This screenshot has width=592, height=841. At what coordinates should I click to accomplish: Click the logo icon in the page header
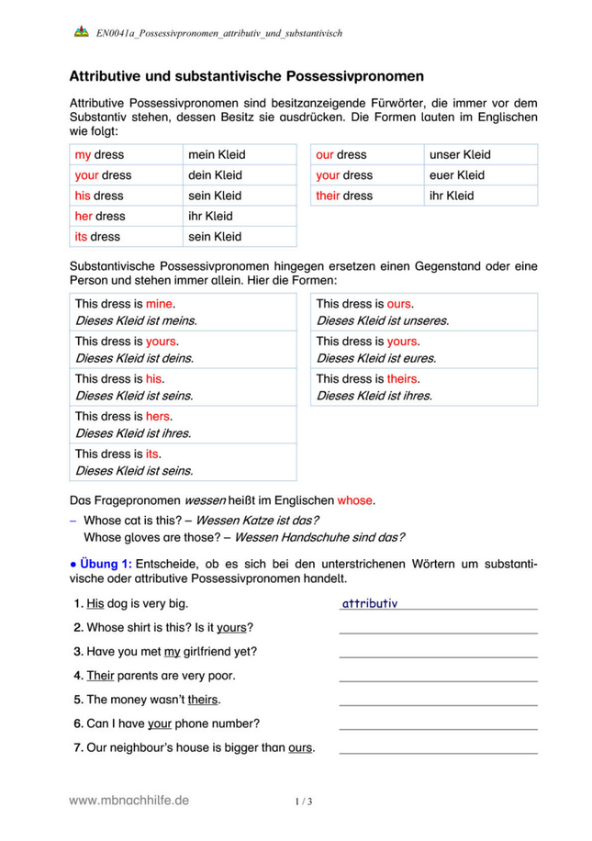point(80,32)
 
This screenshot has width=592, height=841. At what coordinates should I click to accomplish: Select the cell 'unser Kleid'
point(460,155)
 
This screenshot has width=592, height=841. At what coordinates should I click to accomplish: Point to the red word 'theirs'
point(403,378)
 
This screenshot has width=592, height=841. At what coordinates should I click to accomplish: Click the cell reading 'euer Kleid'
point(456,175)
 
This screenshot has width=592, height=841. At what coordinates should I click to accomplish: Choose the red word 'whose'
point(355,501)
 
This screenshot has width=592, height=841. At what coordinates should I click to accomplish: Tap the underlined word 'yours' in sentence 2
point(232,627)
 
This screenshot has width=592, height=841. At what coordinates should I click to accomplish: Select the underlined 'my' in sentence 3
point(172,651)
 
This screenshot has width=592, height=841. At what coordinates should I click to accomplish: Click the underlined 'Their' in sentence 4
point(99,675)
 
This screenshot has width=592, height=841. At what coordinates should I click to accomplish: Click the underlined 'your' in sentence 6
point(160,723)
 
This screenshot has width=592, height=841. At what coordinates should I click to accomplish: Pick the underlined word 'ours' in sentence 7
point(300,747)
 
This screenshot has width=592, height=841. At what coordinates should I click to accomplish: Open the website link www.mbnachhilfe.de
point(129,801)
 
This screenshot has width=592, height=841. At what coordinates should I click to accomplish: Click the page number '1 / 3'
point(304,802)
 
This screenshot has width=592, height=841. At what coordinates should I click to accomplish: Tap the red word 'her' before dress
point(84,216)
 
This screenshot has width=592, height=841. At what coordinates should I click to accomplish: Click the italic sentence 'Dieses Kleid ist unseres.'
point(382,321)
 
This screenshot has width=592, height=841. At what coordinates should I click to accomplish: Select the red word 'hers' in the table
point(159,416)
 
